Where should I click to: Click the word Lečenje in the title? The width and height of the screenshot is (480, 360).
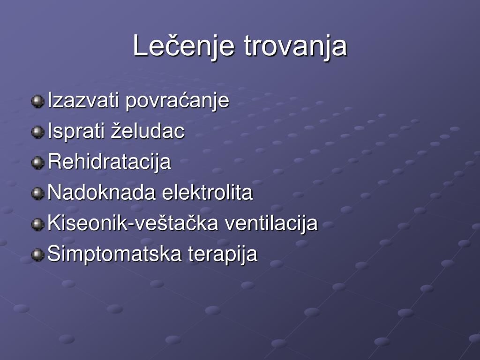184,46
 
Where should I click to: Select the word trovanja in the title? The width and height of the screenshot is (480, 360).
295,46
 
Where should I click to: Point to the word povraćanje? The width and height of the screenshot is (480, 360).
177,101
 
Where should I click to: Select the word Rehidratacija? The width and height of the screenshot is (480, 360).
109,162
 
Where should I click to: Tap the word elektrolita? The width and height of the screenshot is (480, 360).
207,192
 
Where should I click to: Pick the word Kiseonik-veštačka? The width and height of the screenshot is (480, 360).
133,223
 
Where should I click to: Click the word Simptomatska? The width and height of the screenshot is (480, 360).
114,254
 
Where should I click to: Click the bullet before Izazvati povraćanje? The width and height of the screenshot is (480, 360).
37,101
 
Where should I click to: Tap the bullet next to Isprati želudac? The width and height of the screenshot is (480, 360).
37,132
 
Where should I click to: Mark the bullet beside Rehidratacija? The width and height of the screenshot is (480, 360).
37,163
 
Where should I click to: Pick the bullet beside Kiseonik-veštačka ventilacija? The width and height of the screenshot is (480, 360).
37,224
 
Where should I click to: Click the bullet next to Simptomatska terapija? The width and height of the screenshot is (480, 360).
37,255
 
